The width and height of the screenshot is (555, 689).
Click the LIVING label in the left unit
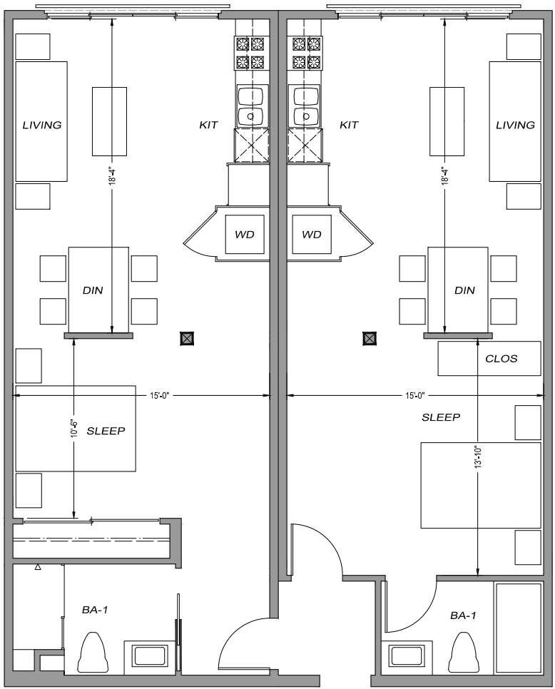pyautogui.click(x=42, y=126)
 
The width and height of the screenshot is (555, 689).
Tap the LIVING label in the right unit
pyautogui.click(x=515, y=126)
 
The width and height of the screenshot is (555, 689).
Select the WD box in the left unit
pyautogui.click(x=245, y=234)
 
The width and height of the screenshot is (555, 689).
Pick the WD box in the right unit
pyautogui.click(x=311, y=234)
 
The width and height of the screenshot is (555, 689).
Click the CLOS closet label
pyautogui.click(x=501, y=359)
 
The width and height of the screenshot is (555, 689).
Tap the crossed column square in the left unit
pyautogui.click(x=187, y=339)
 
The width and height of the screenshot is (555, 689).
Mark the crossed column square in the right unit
pyautogui.click(x=370, y=339)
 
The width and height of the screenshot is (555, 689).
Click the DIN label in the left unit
pyautogui.click(x=93, y=290)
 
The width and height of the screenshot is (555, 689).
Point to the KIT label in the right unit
pyautogui.click(x=349, y=126)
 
